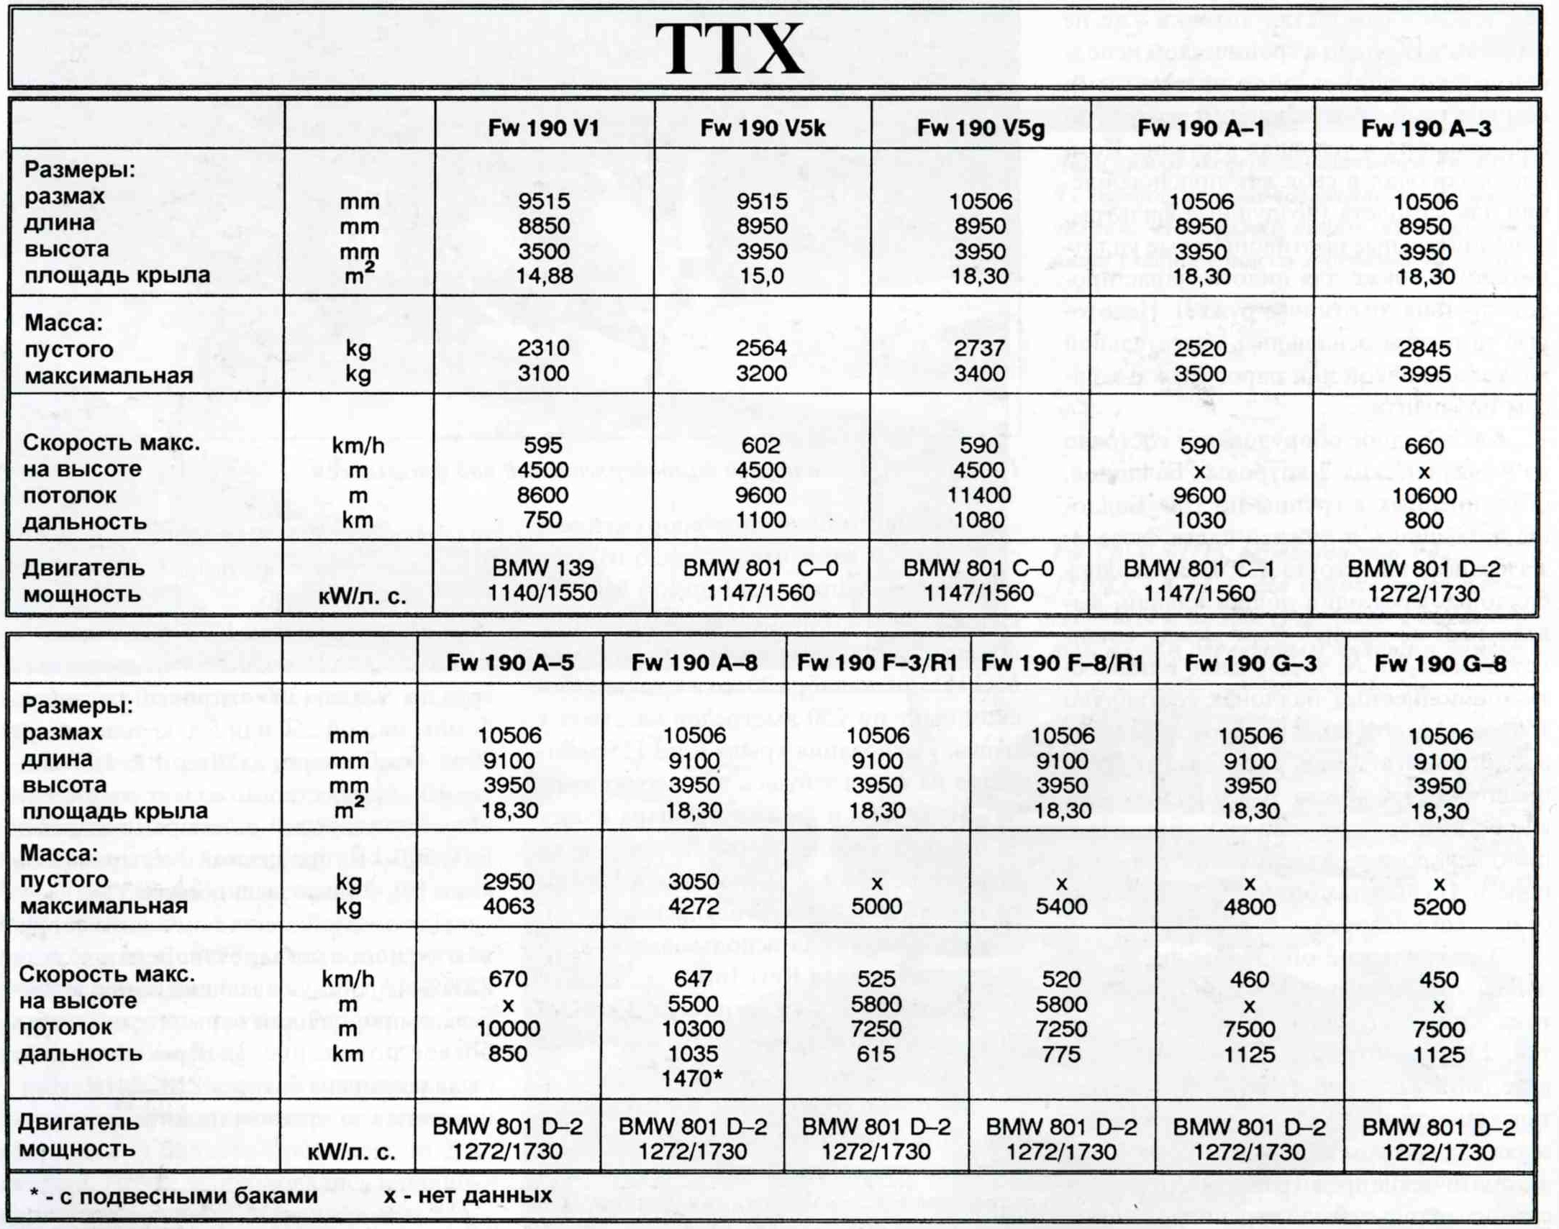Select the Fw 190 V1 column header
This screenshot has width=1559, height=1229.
click(543, 129)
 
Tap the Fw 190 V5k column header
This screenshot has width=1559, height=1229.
click(762, 129)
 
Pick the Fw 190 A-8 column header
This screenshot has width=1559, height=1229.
click(694, 663)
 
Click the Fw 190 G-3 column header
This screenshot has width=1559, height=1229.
click(1250, 663)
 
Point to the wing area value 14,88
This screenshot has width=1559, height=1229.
click(543, 276)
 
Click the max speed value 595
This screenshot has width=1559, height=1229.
click(543, 445)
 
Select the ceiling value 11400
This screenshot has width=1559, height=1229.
click(979, 495)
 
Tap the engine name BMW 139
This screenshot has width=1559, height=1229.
click(543, 568)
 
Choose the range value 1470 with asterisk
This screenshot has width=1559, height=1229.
click(694, 1078)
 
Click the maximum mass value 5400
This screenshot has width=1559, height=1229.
click(1061, 906)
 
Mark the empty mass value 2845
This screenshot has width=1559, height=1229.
click(1424, 348)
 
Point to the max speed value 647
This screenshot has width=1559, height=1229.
click(693, 979)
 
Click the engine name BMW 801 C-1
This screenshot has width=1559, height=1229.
click(1199, 568)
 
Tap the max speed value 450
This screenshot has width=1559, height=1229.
click(1439, 979)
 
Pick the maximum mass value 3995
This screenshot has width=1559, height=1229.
click(1424, 373)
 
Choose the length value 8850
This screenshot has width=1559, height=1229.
click(543, 227)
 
